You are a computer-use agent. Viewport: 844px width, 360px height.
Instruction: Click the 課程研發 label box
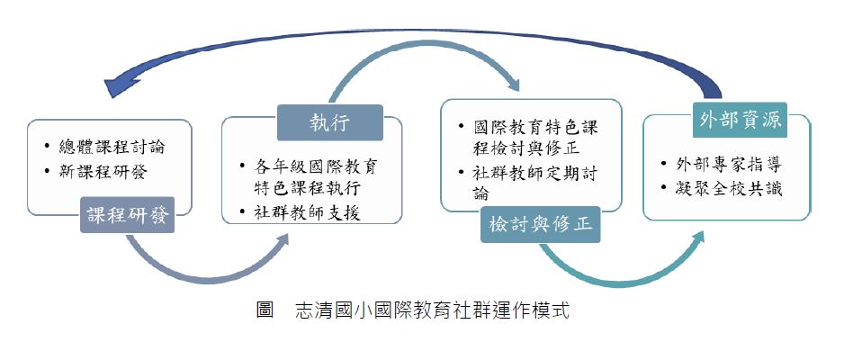(x=127, y=215)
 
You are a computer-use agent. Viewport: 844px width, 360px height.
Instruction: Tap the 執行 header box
(x=330, y=122)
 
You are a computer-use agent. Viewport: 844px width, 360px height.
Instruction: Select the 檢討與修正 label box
(x=541, y=224)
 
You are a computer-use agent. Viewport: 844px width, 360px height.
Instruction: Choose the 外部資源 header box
(x=740, y=120)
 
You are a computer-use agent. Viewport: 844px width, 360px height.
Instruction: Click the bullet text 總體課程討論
(x=112, y=147)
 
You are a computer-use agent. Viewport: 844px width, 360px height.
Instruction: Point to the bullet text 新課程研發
(x=103, y=172)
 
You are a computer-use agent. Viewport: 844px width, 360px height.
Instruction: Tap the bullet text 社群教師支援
(x=307, y=213)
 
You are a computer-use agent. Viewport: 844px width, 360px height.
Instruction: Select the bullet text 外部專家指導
(x=728, y=164)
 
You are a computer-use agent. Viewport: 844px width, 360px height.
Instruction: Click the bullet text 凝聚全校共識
(x=728, y=189)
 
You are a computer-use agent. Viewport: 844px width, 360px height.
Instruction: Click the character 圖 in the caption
(x=265, y=310)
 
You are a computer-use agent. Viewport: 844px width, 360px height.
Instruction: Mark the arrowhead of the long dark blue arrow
(x=120, y=87)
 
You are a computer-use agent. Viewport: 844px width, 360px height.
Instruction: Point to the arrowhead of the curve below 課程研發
(x=280, y=241)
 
